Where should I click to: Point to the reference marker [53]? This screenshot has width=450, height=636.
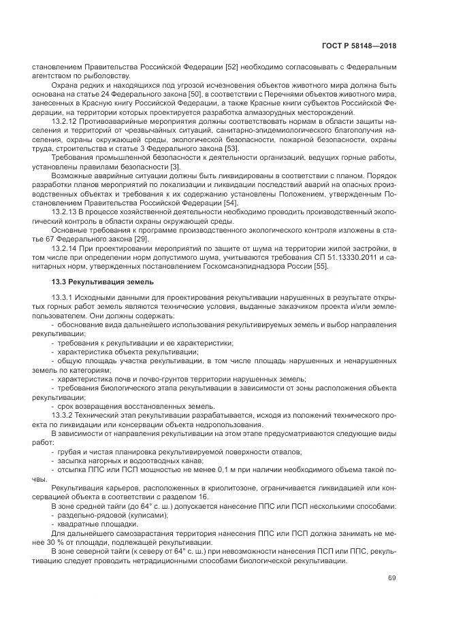(233, 148)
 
